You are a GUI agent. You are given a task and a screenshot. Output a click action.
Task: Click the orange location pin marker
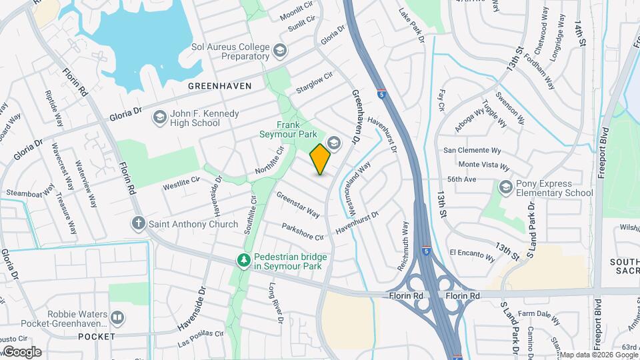[321, 159]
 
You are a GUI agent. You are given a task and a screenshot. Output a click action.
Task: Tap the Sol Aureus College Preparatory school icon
[280, 51]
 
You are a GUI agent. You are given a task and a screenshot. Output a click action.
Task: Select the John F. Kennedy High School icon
[159, 118]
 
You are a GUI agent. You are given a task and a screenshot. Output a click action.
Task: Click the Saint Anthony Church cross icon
[139, 223]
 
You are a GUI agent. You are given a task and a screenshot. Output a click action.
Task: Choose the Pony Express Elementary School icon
[506, 188]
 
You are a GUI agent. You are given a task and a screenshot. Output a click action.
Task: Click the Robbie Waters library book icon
[117, 317]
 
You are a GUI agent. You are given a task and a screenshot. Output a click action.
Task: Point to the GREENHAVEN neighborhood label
[219, 86]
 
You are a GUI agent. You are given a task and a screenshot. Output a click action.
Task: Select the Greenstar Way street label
[298, 205]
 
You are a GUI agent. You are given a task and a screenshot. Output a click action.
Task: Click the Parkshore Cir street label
[303, 232]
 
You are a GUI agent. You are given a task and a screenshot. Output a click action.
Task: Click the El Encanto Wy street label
[473, 255]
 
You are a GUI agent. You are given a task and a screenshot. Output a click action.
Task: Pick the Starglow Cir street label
[314, 83]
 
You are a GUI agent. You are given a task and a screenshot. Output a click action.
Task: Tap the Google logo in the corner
[22, 351]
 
